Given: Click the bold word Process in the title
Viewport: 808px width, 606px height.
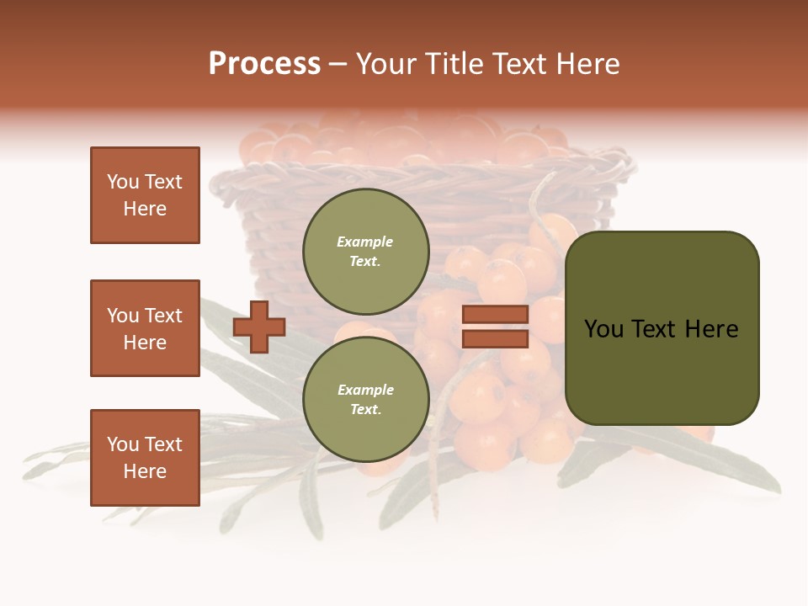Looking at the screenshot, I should (264, 64).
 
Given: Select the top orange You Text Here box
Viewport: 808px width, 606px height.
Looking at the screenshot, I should (145, 195).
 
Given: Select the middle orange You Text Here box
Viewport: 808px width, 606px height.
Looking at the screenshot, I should (145, 328).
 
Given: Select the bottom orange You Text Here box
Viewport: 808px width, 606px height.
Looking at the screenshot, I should (145, 458).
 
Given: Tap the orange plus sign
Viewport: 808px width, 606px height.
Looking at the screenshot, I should (258, 327).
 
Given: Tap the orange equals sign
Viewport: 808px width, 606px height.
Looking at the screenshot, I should (495, 327).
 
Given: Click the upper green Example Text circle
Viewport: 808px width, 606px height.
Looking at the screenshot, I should (365, 251).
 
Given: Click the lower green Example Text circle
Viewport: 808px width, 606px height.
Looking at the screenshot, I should (365, 399).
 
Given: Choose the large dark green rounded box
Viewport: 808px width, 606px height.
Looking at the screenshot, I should (662, 328).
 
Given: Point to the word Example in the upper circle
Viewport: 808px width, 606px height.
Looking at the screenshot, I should (365, 242).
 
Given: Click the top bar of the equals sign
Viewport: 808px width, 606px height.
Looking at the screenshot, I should (495, 315).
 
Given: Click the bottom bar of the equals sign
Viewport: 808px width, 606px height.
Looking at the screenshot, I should (495, 339).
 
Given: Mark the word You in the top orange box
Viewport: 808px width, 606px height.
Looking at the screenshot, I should (123, 182).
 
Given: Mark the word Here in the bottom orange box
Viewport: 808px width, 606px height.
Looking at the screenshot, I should (145, 471).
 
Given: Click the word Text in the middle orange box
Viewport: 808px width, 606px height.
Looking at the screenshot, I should (163, 316).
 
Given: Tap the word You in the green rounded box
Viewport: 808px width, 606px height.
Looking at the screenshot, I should (603, 329).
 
